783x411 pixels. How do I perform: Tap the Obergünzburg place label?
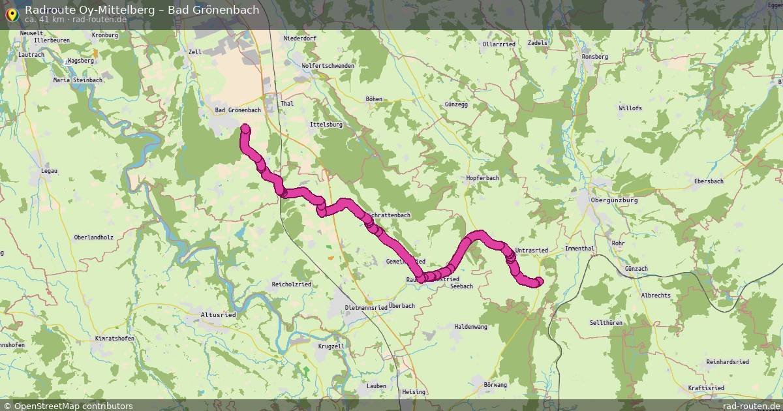pos(613,200)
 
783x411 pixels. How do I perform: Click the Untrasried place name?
pos(531,251)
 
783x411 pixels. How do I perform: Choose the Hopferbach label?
pos(483,178)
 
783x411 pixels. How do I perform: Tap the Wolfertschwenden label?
pos(328,66)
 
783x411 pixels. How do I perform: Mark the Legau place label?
pos(49,171)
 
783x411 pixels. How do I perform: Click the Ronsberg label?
pos(594,57)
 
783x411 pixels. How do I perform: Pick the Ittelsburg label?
pos(326,124)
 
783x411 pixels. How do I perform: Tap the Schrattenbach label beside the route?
pos(390,215)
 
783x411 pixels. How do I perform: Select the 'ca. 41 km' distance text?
pos(44,19)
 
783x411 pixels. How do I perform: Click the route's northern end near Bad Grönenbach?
pos(245,129)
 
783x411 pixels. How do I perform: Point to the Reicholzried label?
pos(291,284)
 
